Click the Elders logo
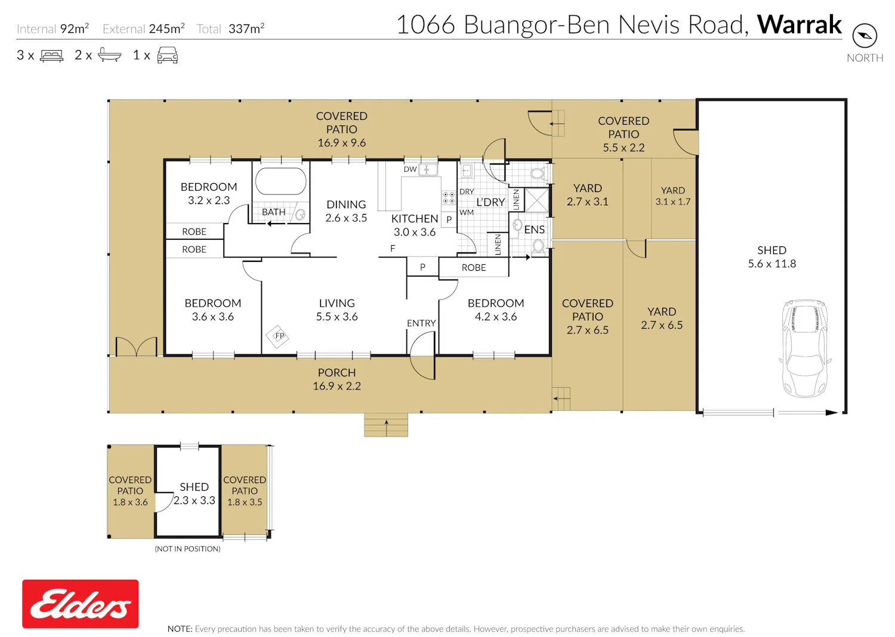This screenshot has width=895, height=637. tap(81, 604)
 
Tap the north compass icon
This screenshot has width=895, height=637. tap(865, 36)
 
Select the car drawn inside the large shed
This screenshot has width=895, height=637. tap(805, 349)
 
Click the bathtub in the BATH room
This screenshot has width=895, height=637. tap(281, 181)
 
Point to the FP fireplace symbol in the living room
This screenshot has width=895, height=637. tap(277, 336)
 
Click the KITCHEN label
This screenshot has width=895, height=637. tap(415, 218)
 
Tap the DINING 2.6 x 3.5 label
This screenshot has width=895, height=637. tap(346, 211)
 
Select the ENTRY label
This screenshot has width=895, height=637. tap(421, 323)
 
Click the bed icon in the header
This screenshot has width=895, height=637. tap(51, 55)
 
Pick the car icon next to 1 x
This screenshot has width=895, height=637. tap(168, 55)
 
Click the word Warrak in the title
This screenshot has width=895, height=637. tap(799, 25)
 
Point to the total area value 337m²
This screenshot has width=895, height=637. tap(246, 29)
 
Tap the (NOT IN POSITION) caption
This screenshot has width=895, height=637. tap(187, 549)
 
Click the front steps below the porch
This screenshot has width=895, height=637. tap(386, 425)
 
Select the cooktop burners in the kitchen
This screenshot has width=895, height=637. tap(448, 197)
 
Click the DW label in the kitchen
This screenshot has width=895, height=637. tap(410, 169)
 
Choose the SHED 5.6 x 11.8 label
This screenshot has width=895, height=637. tap(772, 257)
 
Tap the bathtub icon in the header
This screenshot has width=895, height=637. tap(109, 55)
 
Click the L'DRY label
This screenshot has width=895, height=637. tap(490, 202)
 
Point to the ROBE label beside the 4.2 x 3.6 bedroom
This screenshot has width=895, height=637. tap(474, 268)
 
